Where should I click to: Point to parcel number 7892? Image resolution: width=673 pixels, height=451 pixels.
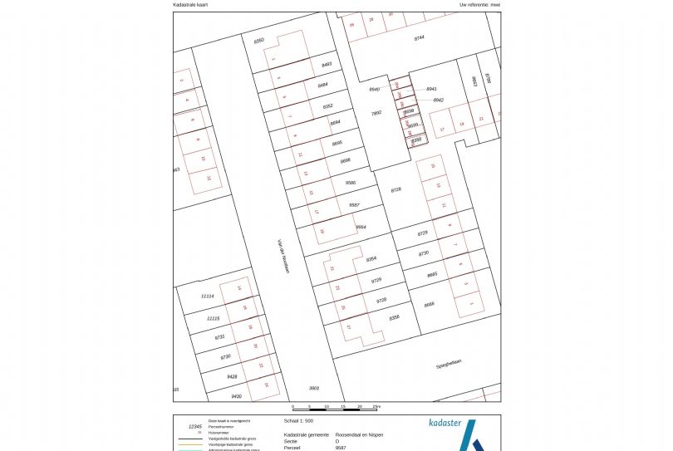tap(376, 113)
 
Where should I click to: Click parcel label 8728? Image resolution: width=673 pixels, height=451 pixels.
tap(395, 189)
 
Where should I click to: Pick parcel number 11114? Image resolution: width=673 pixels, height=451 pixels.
tap(208, 297)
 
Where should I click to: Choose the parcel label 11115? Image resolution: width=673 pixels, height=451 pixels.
tap(213, 318)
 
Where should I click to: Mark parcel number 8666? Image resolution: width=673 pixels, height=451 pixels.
tap(429, 304)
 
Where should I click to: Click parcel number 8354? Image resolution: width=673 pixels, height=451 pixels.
tap(371, 259)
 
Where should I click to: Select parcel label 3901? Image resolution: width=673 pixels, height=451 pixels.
tap(314, 388)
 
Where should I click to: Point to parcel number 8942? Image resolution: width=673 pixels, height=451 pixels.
tap(438, 100)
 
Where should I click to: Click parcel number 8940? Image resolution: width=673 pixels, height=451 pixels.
tap(374, 89)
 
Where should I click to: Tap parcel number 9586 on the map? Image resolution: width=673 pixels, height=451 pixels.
tap(350, 182)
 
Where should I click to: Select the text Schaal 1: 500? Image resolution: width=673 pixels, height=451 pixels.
tap(298, 421)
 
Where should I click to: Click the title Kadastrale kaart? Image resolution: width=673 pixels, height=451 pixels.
tap(191, 5)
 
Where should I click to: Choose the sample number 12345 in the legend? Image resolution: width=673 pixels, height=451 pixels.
tap(196, 426)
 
